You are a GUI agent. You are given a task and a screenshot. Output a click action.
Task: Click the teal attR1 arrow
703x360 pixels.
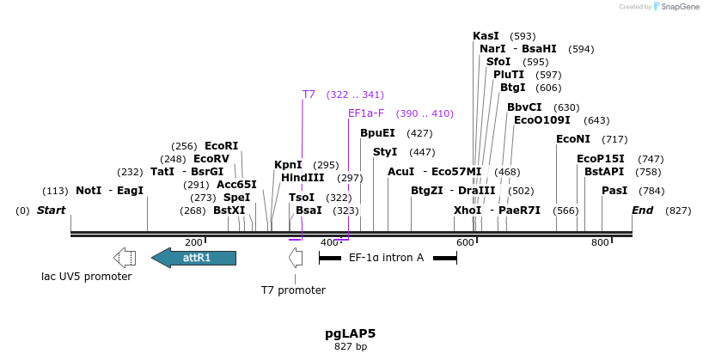pos(194,257)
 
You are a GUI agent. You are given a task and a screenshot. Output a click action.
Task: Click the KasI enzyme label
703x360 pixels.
pos(486,36)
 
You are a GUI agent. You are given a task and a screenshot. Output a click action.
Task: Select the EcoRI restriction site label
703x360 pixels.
pos(221,146)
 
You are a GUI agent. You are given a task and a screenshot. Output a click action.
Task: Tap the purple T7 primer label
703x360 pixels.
pos(309,94)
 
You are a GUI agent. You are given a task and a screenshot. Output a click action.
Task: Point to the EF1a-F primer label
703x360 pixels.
pos(366,113)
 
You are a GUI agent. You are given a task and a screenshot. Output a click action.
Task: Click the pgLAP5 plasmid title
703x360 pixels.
pos(350,333)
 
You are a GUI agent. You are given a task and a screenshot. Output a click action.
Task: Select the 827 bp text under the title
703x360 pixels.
pos(350,347)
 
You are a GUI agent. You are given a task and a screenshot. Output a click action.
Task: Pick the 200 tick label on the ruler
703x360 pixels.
pos(193,243)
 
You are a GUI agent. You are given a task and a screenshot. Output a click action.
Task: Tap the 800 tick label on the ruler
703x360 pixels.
pos(600,243)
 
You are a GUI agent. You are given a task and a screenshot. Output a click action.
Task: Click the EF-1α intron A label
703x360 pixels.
pos(386,257)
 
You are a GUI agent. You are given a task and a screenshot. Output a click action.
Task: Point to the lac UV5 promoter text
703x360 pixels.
pos(87,277)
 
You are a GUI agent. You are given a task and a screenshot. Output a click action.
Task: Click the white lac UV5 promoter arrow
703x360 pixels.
pos(125,257)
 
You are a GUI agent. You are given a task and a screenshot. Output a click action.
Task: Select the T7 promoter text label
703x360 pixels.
pos(294,290)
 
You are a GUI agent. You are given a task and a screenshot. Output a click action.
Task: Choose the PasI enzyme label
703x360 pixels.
pos(614,190)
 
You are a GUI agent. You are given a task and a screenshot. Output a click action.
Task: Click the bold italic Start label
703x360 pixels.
pos(52,211)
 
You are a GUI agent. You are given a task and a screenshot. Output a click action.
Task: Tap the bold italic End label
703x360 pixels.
pos(642,211)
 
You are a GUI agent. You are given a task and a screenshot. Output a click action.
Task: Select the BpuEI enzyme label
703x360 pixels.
pos(377,133)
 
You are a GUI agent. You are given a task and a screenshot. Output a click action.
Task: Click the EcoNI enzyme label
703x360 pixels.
pos(573,139)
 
